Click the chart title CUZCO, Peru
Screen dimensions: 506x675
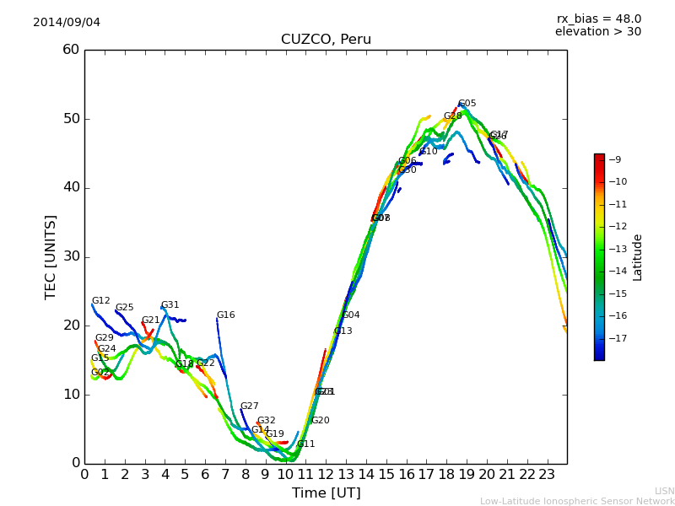(326, 40)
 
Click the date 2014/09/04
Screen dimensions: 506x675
(67, 22)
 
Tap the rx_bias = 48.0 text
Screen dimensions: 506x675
(598, 19)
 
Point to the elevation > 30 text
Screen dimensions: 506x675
(597, 32)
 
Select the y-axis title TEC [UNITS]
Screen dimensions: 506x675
(51, 256)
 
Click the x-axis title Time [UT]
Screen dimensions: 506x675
(326, 493)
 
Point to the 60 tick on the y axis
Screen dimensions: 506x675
(71, 50)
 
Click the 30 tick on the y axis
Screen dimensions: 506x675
(71, 256)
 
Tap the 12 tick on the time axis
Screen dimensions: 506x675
(326, 474)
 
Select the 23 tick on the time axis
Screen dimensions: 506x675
(547, 474)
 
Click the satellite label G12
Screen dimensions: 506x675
(100, 301)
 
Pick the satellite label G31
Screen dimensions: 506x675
(170, 305)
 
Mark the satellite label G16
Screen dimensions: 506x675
(225, 315)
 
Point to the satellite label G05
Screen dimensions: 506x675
(467, 104)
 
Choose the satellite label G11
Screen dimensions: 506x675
(305, 444)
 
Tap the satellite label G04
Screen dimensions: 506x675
(350, 315)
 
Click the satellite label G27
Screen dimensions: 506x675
(249, 406)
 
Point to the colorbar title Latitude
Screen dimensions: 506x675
(638, 256)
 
